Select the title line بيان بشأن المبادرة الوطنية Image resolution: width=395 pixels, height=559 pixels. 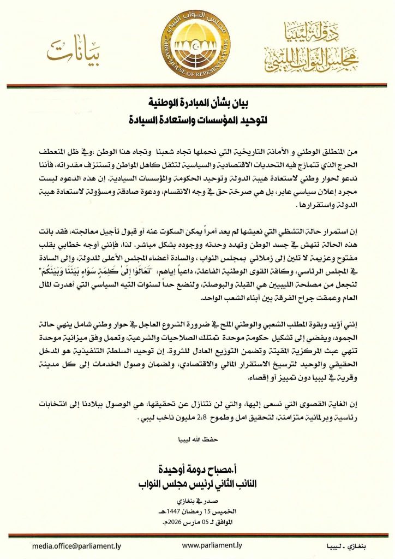197,102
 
